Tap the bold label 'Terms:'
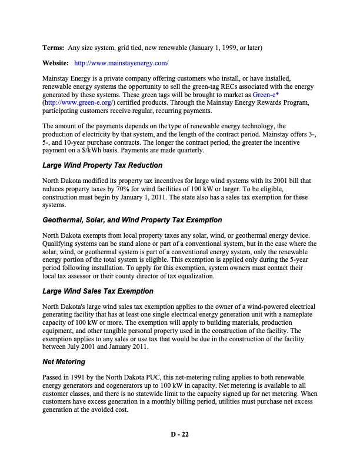(54, 47)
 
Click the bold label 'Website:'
(56, 62)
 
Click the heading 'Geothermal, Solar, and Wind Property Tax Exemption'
(132, 219)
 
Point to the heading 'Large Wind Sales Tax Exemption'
(98, 291)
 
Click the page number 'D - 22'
(179, 434)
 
